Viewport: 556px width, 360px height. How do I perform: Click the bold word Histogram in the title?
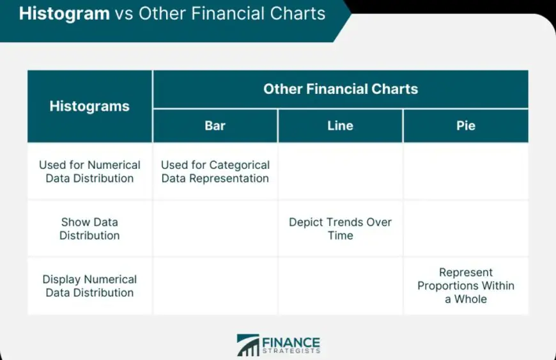click(x=64, y=14)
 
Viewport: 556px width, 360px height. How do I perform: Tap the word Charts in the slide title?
click(x=297, y=13)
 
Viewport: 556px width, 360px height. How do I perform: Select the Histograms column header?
click(x=89, y=106)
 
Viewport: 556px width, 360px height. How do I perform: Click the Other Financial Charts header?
click(x=341, y=89)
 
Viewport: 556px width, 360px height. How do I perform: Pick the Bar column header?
click(x=215, y=125)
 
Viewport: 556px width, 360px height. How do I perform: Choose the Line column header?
click(x=340, y=125)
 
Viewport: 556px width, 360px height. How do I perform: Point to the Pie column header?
click(x=466, y=125)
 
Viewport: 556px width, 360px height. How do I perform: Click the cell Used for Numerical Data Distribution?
click(x=89, y=171)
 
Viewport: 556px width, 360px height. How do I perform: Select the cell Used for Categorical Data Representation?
click(x=215, y=171)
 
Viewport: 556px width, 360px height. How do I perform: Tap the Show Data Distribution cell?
click(x=89, y=229)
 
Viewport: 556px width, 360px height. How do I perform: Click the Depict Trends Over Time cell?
click(x=341, y=229)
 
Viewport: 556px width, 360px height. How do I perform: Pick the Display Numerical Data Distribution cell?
click(x=89, y=286)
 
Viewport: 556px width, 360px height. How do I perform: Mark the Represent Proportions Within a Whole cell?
click(x=466, y=286)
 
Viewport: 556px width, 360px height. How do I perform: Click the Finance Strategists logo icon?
click(x=248, y=345)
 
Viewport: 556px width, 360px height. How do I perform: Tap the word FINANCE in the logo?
click(x=291, y=342)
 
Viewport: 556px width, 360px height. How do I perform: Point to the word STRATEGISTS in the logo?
click(x=291, y=351)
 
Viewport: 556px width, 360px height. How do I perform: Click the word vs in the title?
click(x=124, y=14)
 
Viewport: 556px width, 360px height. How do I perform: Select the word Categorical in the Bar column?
click(x=240, y=165)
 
